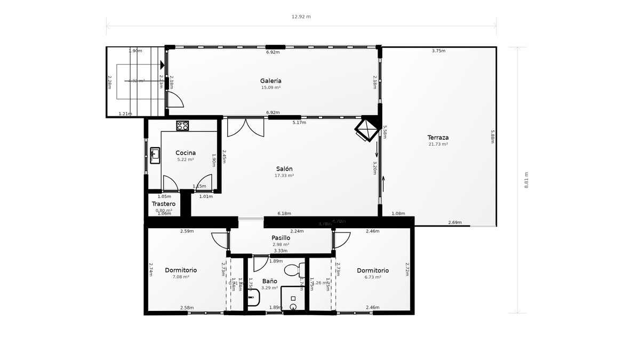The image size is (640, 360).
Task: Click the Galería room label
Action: point(271,81)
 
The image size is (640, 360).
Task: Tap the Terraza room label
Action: point(438,137)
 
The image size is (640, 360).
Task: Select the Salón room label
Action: point(284,169)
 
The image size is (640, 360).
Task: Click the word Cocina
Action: point(185,153)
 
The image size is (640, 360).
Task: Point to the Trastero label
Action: point(164,204)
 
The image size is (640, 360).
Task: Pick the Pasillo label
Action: point(281,238)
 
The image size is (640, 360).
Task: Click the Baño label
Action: point(269,281)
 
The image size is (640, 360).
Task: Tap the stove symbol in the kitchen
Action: point(182,126)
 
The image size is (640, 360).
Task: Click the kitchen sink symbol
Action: point(155,155)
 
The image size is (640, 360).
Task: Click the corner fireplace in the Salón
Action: point(366,130)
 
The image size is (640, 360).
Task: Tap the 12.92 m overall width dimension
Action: point(301,17)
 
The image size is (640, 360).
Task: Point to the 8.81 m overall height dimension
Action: point(526,180)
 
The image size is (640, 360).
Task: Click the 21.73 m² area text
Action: point(438,144)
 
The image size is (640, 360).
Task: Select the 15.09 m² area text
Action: point(271,87)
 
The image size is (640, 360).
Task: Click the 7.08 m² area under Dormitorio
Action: point(180,277)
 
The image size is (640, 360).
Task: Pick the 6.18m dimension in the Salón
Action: point(284,213)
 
